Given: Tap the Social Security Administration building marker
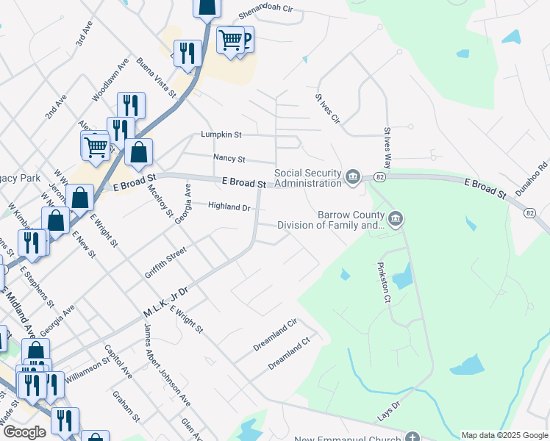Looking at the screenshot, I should (353, 177).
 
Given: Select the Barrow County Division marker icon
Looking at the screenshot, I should (396, 218).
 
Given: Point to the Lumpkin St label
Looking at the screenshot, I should (221, 135).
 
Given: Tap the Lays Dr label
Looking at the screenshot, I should (389, 405).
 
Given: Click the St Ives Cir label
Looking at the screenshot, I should (327, 107).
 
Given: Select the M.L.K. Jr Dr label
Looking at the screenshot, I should (165, 304).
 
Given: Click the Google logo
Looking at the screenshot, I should (24, 432).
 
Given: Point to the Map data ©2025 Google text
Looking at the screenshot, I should (504, 435).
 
